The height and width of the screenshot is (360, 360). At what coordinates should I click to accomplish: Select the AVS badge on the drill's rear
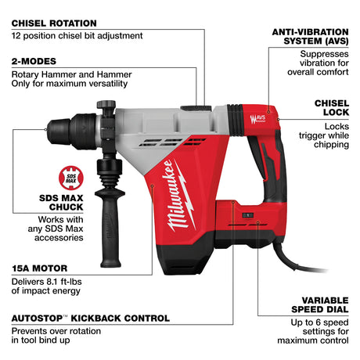[x=256, y=120]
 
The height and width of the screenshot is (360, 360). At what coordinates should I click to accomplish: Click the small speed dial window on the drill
[x=247, y=214]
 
